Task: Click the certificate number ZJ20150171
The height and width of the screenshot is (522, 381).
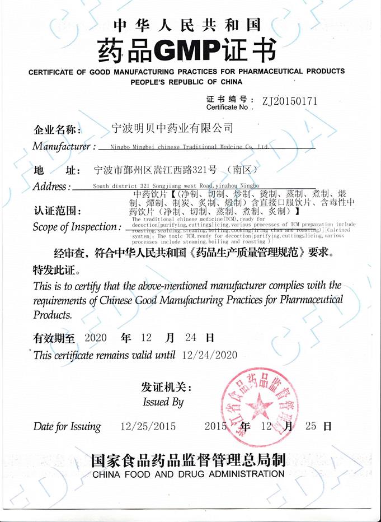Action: tap(285, 101)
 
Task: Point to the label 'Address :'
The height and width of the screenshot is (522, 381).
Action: tap(52, 186)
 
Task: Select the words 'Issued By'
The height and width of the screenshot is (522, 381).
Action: tap(163, 402)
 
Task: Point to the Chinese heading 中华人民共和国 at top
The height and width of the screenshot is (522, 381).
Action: tap(187, 25)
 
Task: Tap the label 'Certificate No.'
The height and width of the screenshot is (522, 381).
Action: tap(226, 107)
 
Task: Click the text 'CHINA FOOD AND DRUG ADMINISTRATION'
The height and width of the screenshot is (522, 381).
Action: tap(189, 474)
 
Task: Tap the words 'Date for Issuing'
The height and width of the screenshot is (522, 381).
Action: tap(67, 426)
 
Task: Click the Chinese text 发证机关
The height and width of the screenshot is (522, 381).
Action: tap(166, 388)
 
